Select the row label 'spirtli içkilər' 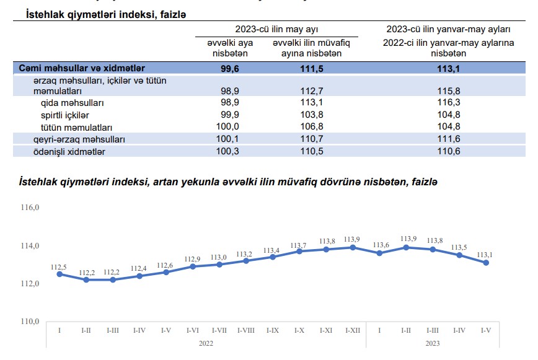tap(65, 115)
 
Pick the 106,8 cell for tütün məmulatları tap(307, 127)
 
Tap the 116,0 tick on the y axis tap(30, 208)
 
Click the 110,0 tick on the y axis tap(30, 322)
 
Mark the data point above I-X tap(299, 251)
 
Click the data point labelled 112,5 tap(60, 274)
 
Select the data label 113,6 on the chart tap(379, 245)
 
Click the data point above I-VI tap(193, 266)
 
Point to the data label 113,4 tap(272, 250)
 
